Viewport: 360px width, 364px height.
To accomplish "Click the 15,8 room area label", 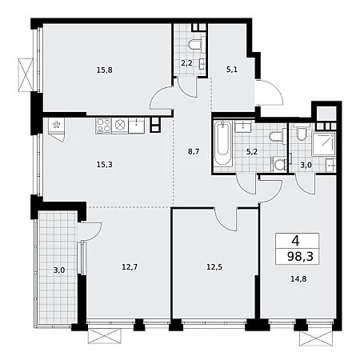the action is [105, 70].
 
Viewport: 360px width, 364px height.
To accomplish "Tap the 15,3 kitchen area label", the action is [105, 165].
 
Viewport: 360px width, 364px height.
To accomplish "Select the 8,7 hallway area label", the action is [194, 152].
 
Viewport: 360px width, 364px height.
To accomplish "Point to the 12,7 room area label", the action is [130, 266].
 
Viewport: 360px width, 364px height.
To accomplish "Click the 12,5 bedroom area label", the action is [214, 266].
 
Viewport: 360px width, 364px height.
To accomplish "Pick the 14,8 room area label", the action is [298, 279].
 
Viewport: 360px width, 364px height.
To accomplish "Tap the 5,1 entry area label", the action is [232, 70].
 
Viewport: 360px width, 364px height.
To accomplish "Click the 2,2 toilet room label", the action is [186, 63].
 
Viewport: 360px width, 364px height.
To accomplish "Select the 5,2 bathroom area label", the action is [252, 152].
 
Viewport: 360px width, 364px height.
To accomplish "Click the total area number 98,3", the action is [300, 257].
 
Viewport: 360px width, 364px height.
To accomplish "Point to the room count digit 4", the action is [295, 242].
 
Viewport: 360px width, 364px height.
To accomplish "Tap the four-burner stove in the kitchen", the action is [103, 126].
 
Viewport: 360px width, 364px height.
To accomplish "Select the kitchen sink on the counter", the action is [137, 126].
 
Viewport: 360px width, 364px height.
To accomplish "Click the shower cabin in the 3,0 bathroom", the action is [324, 143].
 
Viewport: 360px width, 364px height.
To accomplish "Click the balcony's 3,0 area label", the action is [59, 270].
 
